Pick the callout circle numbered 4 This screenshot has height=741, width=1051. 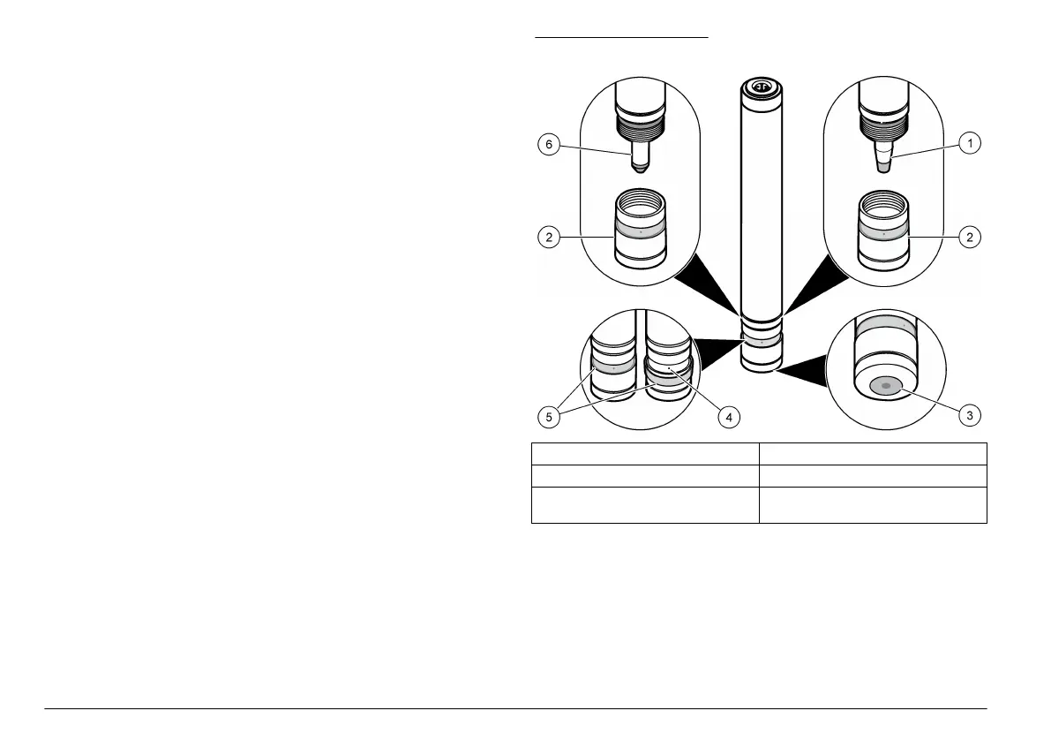click(x=727, y=416)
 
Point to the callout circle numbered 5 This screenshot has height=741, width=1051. click(x=548, y=416)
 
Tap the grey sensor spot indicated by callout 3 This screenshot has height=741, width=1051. click(x=885, y=386)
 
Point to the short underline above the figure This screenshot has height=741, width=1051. click(x=621, y=38)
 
